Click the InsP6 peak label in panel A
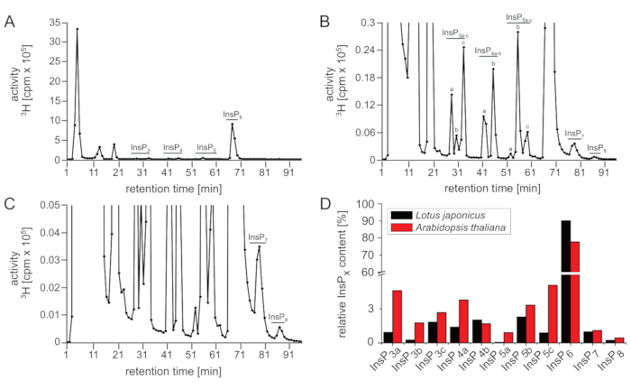(233, 115)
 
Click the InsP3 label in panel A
(140, 147)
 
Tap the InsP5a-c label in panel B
(518, 17)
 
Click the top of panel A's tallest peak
(78, 28)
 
